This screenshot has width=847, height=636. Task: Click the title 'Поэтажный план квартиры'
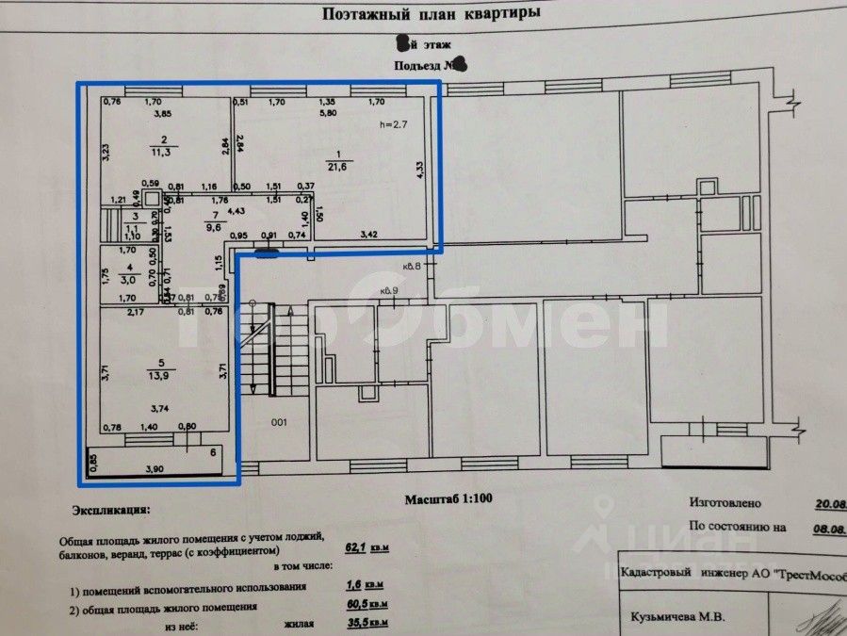tap(431, 13)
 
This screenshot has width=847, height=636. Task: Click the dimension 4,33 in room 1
tap(419, 170)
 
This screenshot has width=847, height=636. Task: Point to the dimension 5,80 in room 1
tap(327, 114)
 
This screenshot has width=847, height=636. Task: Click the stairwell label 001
tap(279, 423)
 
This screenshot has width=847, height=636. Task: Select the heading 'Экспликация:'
tap(109, 510)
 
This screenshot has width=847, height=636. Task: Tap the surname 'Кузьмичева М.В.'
tap(670, 619)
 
